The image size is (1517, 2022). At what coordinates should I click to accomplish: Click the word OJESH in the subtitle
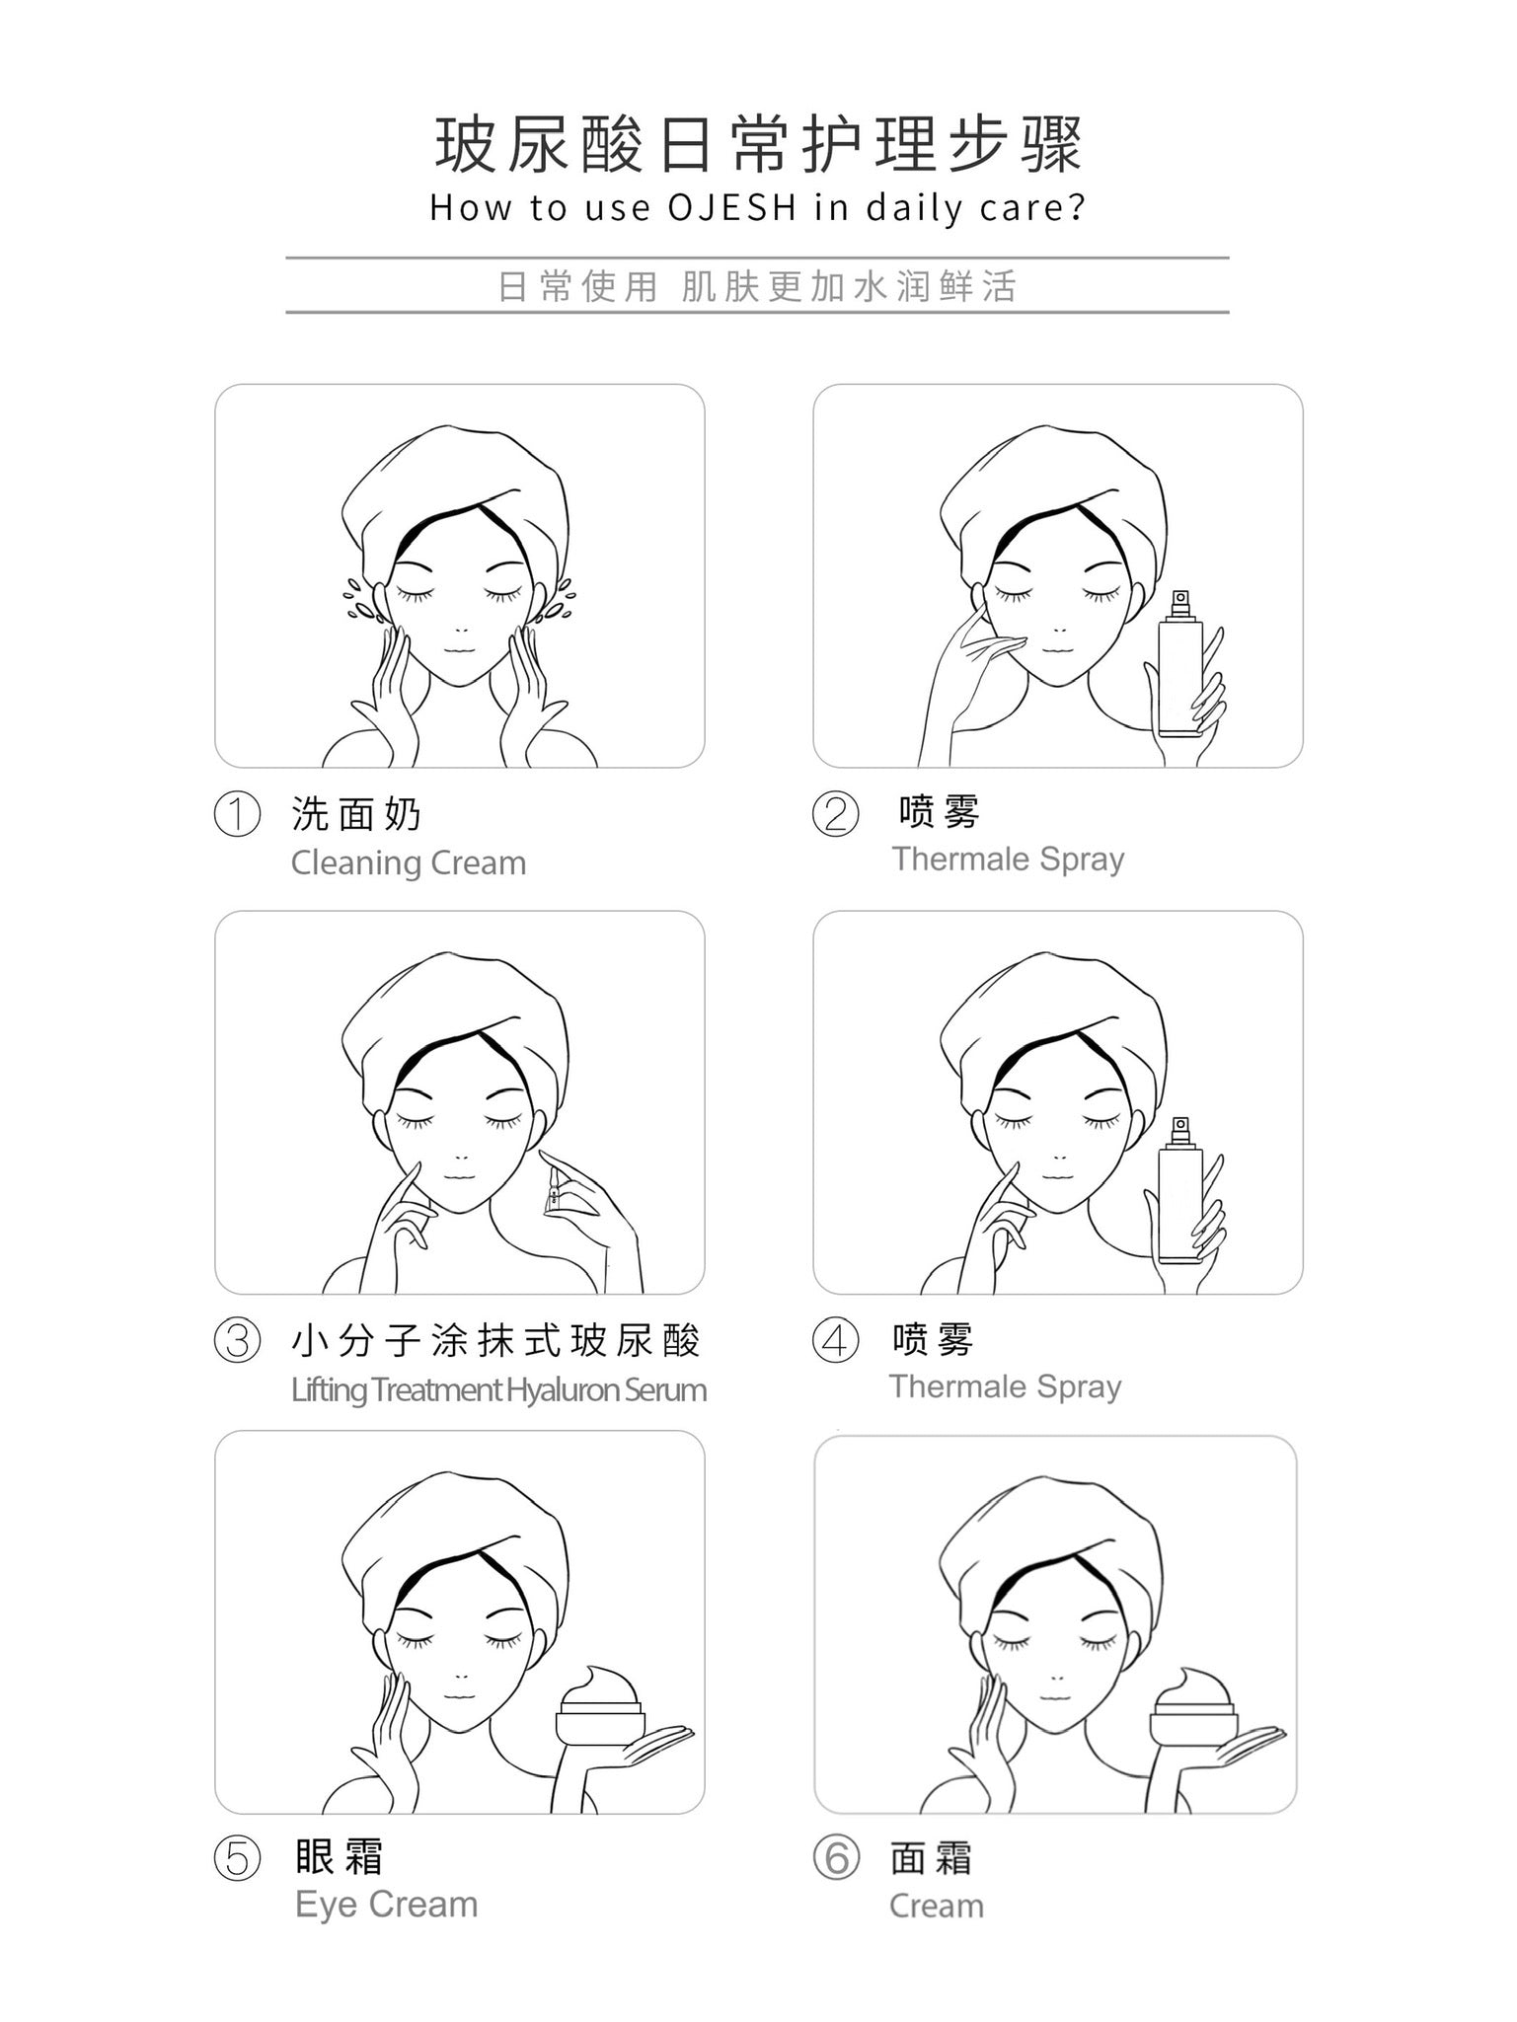(731, 208)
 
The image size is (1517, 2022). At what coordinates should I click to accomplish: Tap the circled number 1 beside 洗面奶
(237, 815)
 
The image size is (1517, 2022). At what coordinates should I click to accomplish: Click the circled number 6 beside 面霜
(836, 1859)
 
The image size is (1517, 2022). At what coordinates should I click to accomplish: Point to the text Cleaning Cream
(409, 863)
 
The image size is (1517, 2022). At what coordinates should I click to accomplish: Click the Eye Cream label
(386, 1905)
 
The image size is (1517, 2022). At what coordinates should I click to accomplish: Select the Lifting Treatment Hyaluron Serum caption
(498, 1390)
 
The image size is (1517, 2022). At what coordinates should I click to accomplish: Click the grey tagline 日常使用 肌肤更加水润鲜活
(757, 287)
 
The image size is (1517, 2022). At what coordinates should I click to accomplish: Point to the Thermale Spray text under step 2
(1008, 860)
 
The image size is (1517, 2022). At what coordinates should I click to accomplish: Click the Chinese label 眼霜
(340, 1857)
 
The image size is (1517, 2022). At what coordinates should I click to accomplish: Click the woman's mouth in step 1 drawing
(459, 650)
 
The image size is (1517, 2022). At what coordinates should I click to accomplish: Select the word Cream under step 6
(936, 1907)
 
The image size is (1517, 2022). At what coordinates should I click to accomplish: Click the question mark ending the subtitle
(1075, 208)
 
